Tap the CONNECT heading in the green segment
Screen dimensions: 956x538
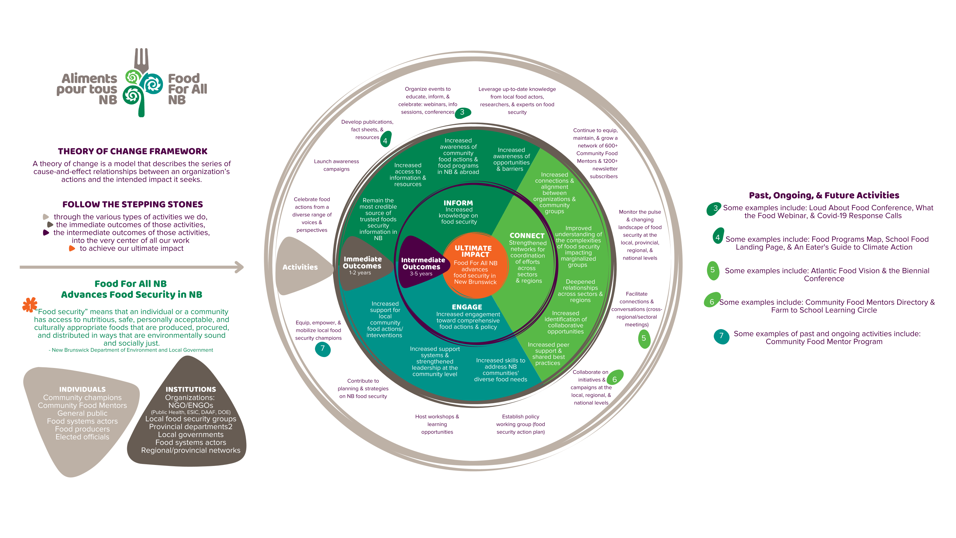527,236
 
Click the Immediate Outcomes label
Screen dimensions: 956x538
362,262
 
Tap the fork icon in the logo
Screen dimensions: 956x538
141,60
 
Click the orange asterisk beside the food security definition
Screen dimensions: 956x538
30,305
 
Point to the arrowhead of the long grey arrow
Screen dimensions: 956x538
240,267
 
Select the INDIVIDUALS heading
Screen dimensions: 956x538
82,390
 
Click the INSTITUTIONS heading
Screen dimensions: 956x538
191,390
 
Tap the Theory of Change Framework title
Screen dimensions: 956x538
132,151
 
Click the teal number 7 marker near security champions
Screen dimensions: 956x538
323,349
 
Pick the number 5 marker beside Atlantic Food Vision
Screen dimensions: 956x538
713,270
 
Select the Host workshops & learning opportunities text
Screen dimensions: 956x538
437,424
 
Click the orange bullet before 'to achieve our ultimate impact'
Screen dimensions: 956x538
72,248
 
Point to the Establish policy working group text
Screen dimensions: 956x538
521,424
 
